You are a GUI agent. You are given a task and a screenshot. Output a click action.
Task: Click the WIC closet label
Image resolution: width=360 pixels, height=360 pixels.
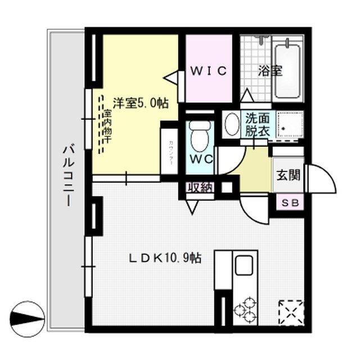208,71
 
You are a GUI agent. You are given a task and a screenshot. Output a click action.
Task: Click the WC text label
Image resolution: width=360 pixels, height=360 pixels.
200,159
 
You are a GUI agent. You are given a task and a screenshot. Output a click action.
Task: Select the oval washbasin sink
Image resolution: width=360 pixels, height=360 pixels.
231,124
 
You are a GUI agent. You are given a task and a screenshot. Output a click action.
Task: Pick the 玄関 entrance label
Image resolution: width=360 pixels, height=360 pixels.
287,175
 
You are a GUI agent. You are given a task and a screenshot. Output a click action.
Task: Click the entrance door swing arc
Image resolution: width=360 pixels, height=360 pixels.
324,180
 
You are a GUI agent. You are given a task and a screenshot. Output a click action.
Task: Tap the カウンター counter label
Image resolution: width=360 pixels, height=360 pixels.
170,151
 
